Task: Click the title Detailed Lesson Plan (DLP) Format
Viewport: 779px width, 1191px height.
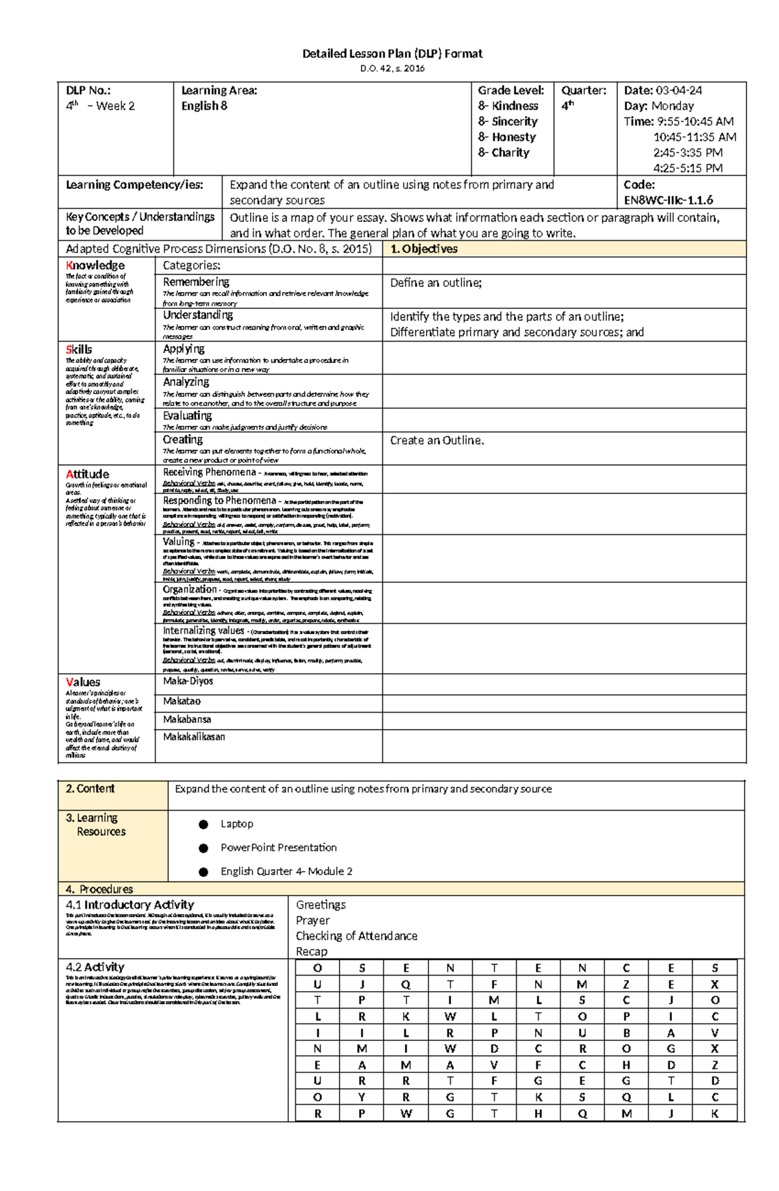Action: [392, 54]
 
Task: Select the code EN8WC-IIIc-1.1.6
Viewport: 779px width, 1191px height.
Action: [668, 201]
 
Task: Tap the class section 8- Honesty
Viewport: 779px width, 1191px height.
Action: [507, 137]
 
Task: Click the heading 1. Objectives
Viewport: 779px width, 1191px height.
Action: [424, 249]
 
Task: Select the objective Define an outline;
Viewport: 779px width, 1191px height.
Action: [436, 283]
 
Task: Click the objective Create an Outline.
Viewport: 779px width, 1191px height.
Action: [437, 441]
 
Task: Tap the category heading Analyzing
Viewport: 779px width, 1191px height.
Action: [186, 382]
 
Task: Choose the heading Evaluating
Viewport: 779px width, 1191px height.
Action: [187, 416]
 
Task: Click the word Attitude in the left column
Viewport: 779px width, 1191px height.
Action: [87, 474]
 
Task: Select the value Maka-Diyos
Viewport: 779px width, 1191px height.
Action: [188, 681]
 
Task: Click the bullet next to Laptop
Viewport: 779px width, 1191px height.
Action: [203, 824]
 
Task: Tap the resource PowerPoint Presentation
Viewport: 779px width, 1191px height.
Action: [278, 848]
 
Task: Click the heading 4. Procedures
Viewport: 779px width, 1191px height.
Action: [99, 889]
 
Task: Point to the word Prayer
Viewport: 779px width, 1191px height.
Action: [313, 920]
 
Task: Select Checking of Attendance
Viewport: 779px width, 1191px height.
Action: [356, 936]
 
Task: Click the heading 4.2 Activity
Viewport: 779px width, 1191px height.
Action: [95, 967]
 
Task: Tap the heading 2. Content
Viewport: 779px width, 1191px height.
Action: [90, 789]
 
